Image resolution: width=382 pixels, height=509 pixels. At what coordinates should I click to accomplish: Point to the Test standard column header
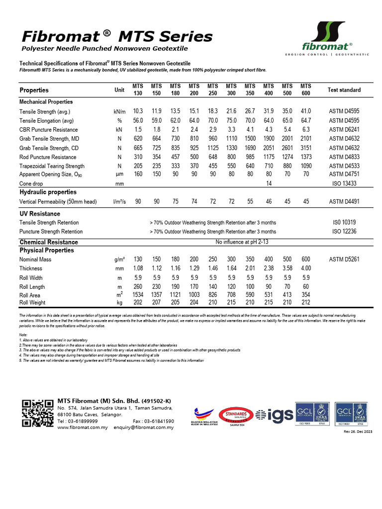click(344, 90)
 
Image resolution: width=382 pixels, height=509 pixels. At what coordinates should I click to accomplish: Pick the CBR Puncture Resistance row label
click(48, 130)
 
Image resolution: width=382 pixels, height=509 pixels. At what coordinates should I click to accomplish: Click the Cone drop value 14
click(269, 183)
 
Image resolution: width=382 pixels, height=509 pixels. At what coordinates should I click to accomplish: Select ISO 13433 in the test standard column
click(344, 183)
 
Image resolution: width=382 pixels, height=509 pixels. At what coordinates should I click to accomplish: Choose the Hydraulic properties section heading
click(48, 192)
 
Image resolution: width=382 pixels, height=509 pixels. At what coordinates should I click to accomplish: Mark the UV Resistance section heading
click(39, 213)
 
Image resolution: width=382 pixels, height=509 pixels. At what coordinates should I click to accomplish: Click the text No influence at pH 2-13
click(242, 242)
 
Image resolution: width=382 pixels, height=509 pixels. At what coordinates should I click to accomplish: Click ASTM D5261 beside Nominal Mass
click(344, 259)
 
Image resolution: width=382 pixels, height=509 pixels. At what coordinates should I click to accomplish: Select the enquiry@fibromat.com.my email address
click(144, 427)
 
